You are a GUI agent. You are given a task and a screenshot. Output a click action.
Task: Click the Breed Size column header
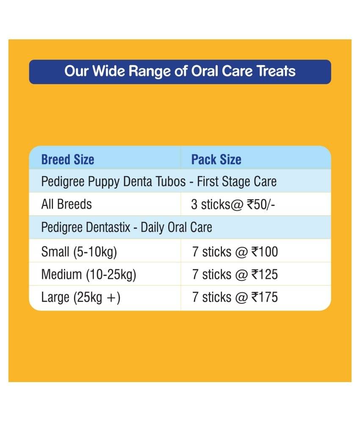tap(68, 160)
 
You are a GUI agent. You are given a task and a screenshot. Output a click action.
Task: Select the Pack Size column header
tap(216, 160)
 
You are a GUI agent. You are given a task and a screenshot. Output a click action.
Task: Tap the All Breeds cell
tap(66, 204)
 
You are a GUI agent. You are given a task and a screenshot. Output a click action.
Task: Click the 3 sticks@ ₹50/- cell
tap(233, 204)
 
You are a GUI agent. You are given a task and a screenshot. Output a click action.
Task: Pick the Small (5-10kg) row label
tap(79, 252)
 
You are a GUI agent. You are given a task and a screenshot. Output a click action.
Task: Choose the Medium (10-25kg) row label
tap(89, 275)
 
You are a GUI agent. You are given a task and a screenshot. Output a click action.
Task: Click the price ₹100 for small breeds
tap(265, 252)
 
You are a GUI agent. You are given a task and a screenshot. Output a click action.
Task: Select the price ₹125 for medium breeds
tap(265, 275)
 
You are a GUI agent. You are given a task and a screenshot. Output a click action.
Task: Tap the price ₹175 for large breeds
tap(265, 297)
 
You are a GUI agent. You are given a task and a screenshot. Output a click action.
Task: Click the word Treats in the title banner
tap(276, 71)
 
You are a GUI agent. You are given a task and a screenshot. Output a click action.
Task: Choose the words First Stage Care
tap(237, 182)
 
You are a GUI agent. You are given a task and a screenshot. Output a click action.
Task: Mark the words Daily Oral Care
tap(176, 228)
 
